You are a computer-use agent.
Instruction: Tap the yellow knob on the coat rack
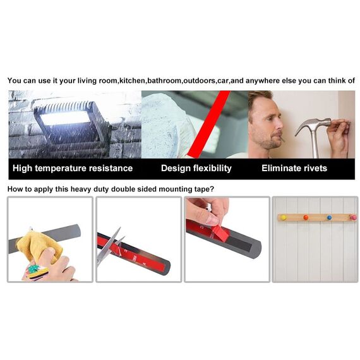284,217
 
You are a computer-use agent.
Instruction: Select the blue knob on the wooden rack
330,217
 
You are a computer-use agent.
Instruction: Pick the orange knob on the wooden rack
306,217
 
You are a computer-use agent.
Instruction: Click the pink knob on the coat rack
353,217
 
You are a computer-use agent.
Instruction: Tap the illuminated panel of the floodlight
66,117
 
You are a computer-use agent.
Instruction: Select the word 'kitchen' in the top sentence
132,81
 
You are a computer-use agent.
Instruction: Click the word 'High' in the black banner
22,168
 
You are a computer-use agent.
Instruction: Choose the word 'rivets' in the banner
315,168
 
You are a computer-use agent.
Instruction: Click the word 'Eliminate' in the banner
281,168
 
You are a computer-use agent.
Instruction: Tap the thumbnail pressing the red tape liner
212,220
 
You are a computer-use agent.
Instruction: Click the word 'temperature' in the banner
61,169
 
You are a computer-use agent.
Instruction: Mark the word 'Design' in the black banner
176,168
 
